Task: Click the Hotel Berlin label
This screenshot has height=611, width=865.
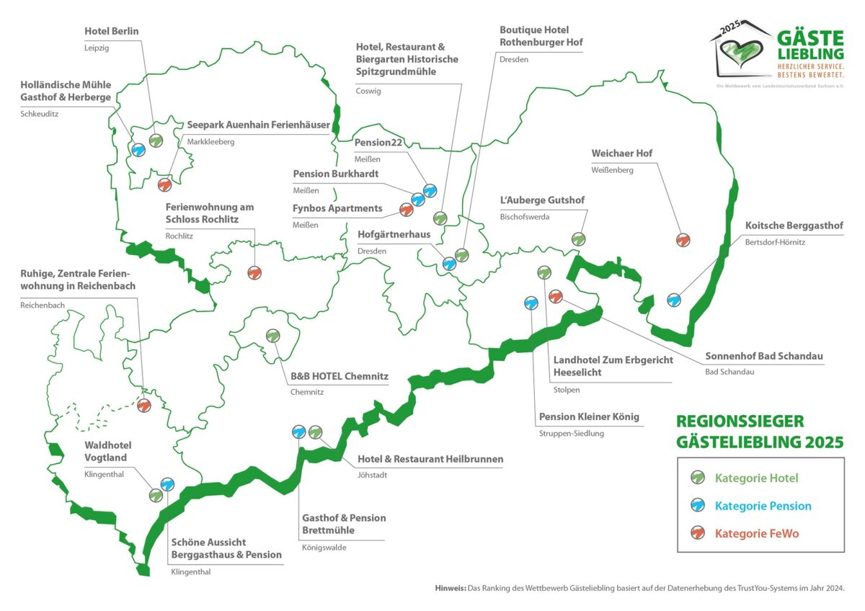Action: [112, 31]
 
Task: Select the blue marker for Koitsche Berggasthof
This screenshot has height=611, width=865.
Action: [674, 299]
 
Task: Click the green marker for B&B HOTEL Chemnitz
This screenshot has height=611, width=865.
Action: [273, 336]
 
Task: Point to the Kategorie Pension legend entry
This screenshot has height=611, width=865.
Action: [763, 506]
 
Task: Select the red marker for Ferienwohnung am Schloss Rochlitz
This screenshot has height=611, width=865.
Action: [254, 273]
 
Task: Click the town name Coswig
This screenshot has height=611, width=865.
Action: [368, 91]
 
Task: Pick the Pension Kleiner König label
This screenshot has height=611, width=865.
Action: [589, 416]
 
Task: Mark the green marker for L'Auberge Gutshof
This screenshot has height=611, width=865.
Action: [578, 239]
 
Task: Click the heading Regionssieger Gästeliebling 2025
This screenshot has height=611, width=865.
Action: [759, 431]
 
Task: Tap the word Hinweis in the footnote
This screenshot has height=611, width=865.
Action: [451, 588]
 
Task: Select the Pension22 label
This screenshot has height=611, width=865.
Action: [378, 143]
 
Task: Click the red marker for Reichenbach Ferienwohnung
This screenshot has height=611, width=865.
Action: [143, 406]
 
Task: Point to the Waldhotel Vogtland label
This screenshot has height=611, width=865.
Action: [108, 451]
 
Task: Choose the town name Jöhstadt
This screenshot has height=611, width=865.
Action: [373, 475]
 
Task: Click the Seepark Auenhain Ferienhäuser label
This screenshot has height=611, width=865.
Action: [258, 125]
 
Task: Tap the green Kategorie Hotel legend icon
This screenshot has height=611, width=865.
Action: [697, 477]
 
